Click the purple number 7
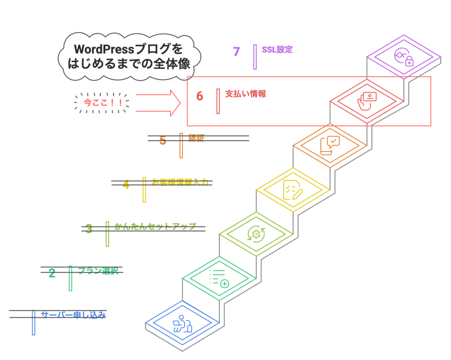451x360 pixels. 237,52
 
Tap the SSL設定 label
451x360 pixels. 277,49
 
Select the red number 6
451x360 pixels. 200,96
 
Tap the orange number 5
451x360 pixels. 163,141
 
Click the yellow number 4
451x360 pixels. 126,185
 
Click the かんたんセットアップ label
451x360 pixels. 155,226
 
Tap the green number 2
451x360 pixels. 52,273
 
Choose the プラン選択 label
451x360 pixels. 98,271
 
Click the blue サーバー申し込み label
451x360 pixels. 73,315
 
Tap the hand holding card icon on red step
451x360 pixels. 367,101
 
